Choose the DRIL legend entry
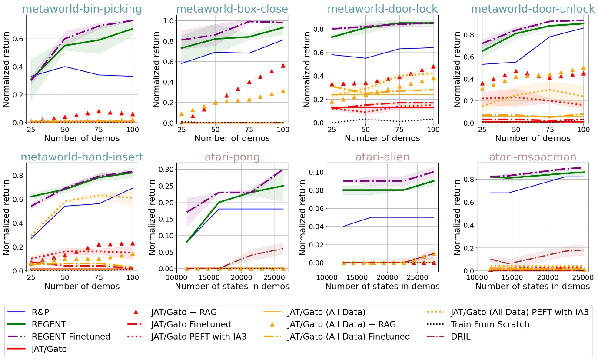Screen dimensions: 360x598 461,336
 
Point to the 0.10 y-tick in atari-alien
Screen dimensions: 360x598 315,172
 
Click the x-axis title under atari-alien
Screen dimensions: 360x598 382,287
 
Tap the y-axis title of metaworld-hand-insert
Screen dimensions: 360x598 7,217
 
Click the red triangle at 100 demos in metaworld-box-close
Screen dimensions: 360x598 283,66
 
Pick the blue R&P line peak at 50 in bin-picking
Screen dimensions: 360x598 65,67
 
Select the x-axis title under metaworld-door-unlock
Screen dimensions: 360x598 532,139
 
